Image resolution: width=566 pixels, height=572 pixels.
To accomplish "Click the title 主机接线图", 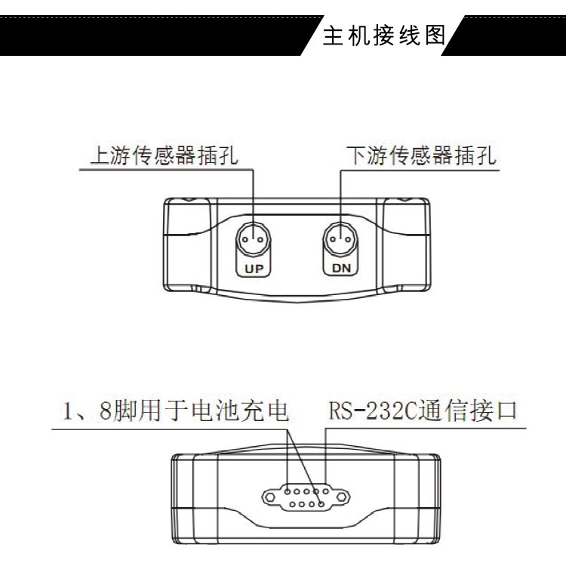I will click(x=384, y=35).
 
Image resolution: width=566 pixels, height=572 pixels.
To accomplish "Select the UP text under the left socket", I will click(x=254, y=267).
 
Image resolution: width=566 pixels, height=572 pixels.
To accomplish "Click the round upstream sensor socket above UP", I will click(x=254, y=240).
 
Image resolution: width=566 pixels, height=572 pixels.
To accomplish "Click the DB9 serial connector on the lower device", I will click(x=305, y=497).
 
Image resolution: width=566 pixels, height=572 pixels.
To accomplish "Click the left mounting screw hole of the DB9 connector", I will click(x=269, y=497).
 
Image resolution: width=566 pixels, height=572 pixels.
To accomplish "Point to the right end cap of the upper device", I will click(x=408, y=245).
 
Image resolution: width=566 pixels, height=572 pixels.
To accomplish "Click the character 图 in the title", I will click(x=435, y=35).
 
